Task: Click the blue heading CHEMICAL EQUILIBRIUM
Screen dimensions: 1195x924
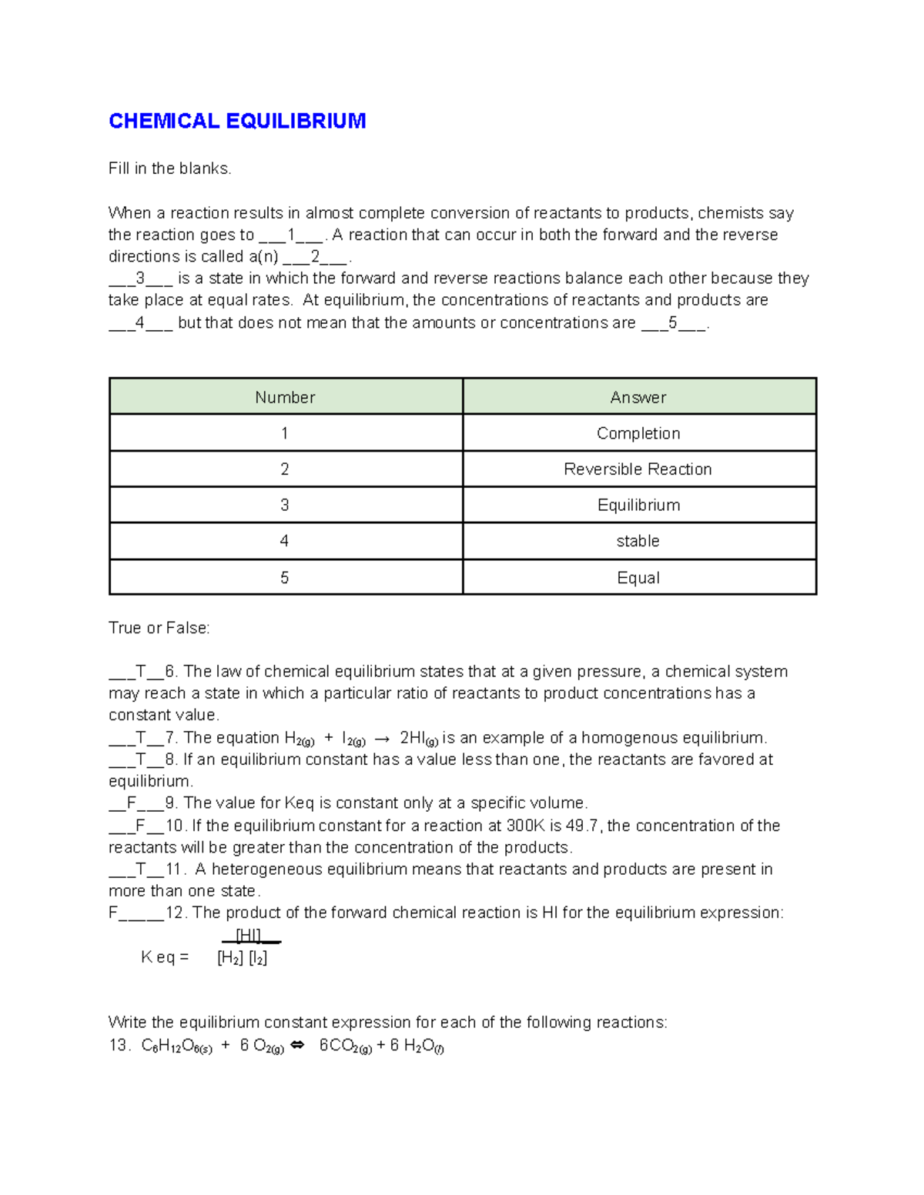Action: coord(236,121)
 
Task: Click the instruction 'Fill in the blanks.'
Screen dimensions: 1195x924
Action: coord(169,169)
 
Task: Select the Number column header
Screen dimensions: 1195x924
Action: coord(285,397)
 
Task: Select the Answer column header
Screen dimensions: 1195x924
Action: coord(638,397)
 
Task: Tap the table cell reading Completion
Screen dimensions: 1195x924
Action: coord(638,433)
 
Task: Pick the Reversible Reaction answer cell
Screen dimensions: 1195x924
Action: coord(638,469)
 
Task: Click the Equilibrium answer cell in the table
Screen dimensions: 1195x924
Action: coord(638,506)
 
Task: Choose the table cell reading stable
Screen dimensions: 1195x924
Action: coord(638,541)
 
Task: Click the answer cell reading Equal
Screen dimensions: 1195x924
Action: coord(638,578)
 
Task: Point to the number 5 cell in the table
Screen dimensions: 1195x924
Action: coord(285,578)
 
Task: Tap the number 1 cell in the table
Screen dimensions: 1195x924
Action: coord(285,433)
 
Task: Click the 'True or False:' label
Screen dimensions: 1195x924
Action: coord(159,628)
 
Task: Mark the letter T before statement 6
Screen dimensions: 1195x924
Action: coord(141,672)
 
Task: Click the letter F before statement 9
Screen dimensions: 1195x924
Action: coord(132,803)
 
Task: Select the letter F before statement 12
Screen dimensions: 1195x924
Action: coord(113,913)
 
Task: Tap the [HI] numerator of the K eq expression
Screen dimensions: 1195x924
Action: coord(248,936)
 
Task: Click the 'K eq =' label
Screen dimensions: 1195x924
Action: coord(165,957)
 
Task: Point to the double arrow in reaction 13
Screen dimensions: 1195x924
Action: coord(297,1045)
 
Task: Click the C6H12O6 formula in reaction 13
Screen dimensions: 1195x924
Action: coord(176,1046)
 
